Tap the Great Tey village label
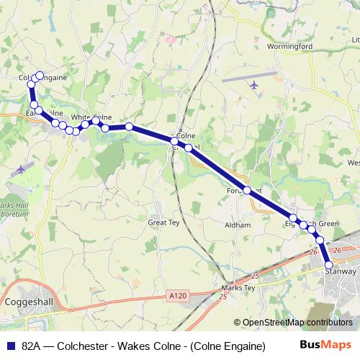pyautogui.click(x=163, y=223)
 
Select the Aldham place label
pyautogui.click(x=238, y=225)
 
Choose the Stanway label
pyautogui.click(x=340, y=271)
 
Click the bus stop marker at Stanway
pyautogui.click(x=329, y=264)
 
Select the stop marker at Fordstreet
pyautogui.click(x=247, y=190)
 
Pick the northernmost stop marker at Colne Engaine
pyautogui.click(x=39, y=76)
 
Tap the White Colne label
pyautogui.click(x=91, y=117)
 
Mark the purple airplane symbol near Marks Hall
pyautogui.click(x=21, y=169)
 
